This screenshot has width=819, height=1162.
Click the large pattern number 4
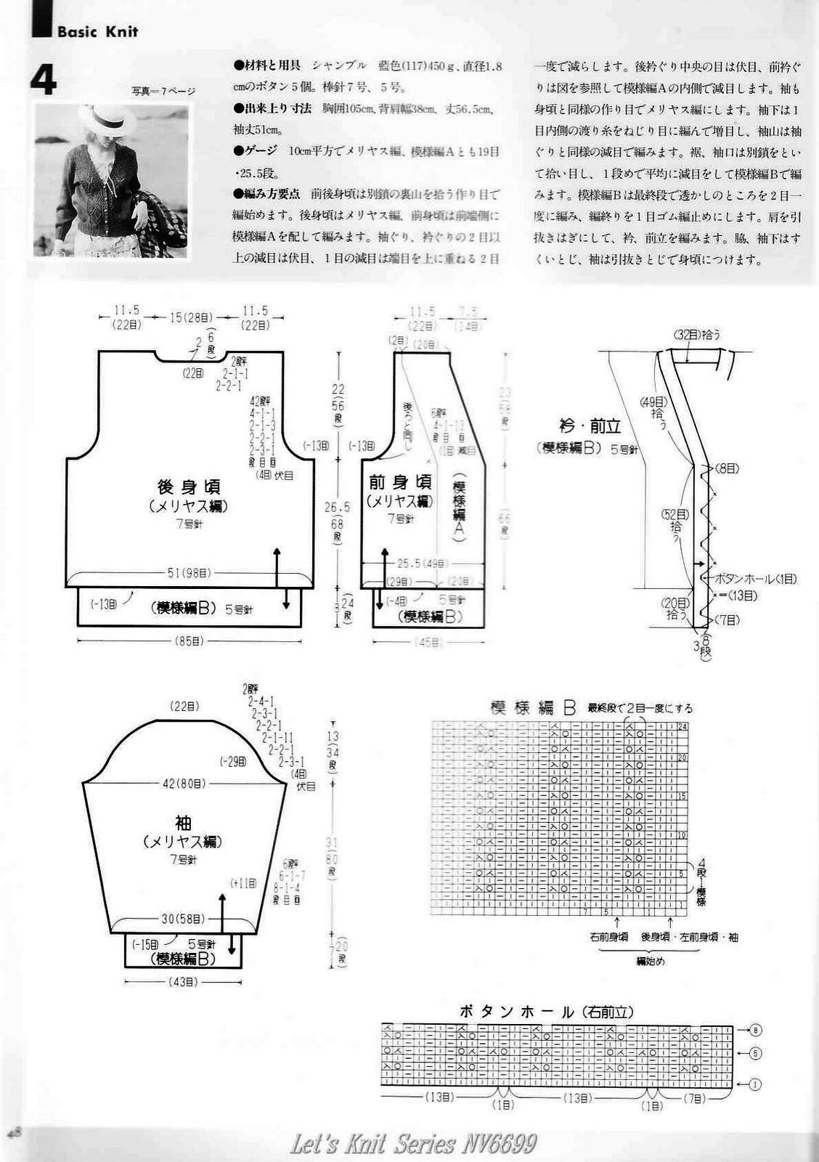tap(44, 80)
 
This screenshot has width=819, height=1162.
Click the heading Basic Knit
tap(97, 32)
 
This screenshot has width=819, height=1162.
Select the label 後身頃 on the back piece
tap(189, 486)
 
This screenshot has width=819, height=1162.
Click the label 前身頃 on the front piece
tap(400, 482)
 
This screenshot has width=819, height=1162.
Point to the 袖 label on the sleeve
tap(183, 823)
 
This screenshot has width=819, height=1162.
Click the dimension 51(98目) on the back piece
tap(190, 573)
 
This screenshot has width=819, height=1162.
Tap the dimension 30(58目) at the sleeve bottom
tap(183, 919)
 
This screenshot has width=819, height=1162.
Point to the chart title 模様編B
tap(533, 708)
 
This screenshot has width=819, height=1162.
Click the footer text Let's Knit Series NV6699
tap(413, 1145)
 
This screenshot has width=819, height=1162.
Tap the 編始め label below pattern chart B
tap(651, 961)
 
